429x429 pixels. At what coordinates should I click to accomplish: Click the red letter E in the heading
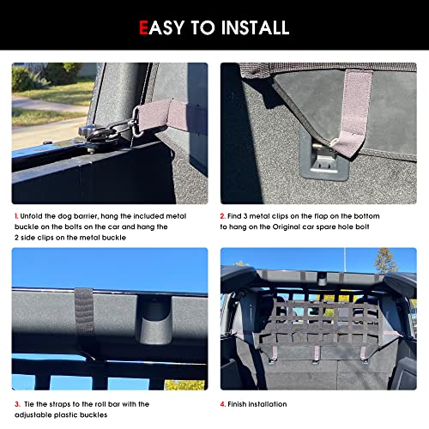[143, 27]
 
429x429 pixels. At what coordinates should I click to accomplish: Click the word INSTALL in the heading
[255, 27]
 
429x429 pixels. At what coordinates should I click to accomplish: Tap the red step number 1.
[16, 216]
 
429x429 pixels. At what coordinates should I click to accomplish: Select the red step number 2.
[222, 216]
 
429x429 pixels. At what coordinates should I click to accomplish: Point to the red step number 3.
[17, 404]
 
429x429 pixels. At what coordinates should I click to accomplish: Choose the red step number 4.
[223, 404]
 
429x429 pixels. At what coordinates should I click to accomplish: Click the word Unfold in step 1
[31, 216]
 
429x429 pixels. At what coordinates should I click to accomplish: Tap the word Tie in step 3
[29, 404]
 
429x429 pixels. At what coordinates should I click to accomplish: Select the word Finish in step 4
[237, 404]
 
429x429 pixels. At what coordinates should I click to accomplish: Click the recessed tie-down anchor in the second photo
[323, 160]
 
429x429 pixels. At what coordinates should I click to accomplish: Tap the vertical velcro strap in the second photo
[354, 112]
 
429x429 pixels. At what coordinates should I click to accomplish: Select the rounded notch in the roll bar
[154, 319]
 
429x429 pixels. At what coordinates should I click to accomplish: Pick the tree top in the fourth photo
[386, 260]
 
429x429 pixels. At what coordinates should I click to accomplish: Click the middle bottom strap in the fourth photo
[317, 353]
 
